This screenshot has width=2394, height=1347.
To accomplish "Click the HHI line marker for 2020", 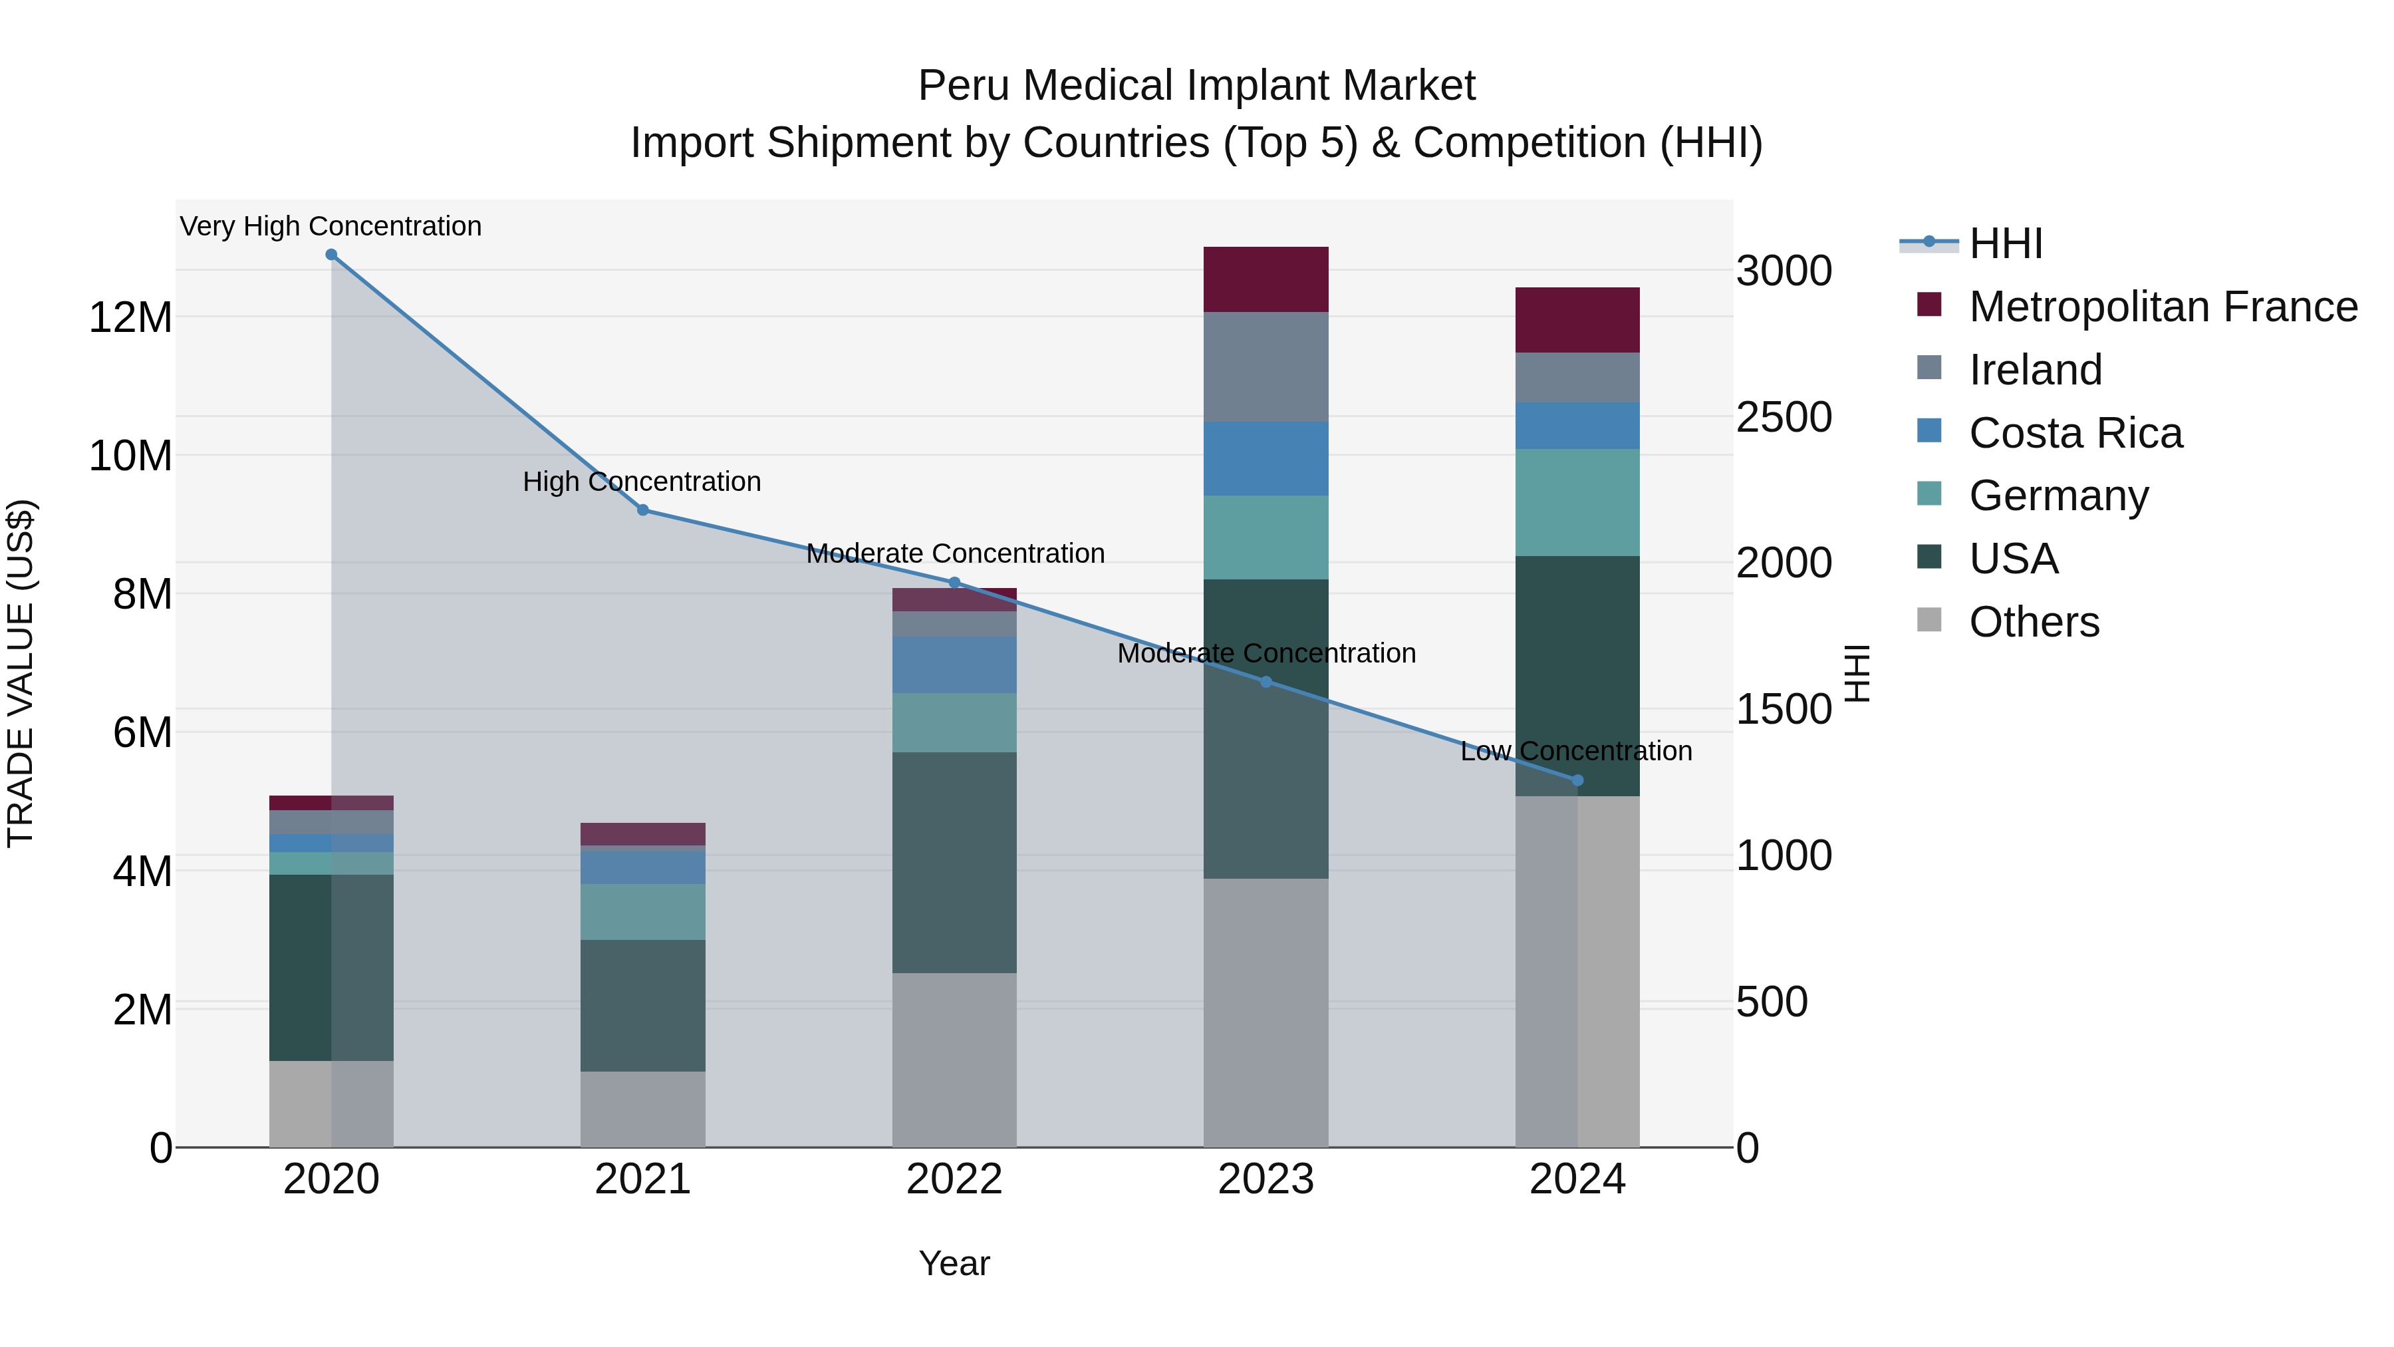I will pyautogui.click(x=331, y=255).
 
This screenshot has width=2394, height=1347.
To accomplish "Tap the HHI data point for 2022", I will pyautogui.click(x=954, y=583).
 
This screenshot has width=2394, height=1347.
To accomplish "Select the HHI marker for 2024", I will pyautogui.click(x=1577, y=781).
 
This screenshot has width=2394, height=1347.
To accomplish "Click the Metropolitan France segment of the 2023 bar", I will pyautogui.click(x=1265, y=280).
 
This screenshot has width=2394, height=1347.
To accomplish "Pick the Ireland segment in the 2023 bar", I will pyautogui.click(x=1265, y=367).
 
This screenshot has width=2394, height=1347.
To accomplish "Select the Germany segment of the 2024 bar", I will pyautogui.click(x=1577, y=503).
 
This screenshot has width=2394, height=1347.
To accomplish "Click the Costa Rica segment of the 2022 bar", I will pyautogui.click(x=954, y=665).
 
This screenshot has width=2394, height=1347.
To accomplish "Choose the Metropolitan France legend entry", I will pyautogui.click(x=2162, y=307).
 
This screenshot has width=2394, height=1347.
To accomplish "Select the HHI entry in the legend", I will pyautogui.click(x=2006, y=243).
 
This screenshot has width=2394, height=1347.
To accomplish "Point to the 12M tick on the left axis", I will pyautogui.click(x=130, y=318).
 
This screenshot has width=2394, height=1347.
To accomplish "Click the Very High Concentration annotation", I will pyautogui.click(x=331, y=227).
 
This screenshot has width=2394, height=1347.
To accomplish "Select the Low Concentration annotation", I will pyautogui.click(x=1576, y=751).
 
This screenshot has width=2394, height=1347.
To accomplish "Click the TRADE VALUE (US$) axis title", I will pyautogui.click(x=21, y=673).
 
